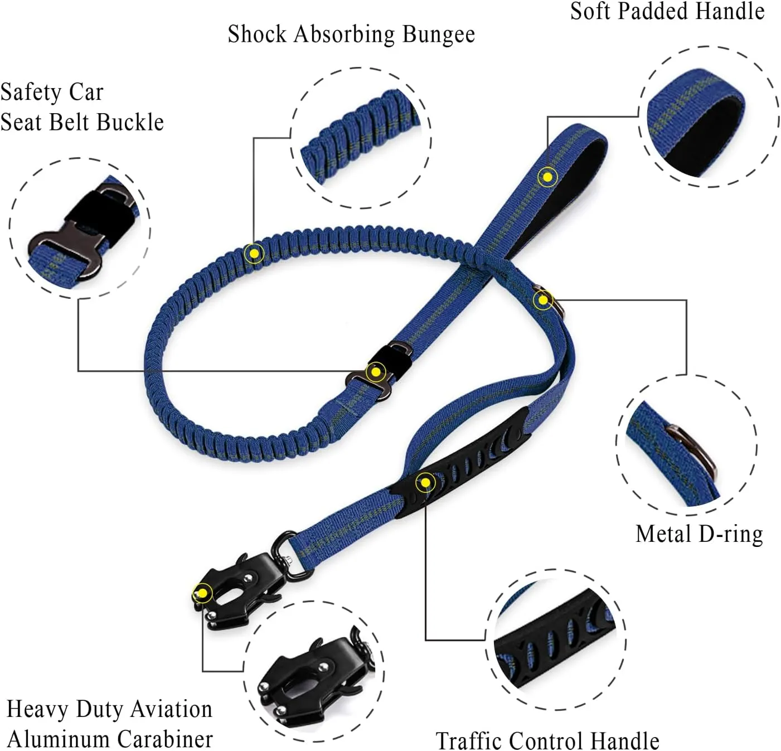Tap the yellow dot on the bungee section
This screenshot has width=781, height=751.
pos(254,254)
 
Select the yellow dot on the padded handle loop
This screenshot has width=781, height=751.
pos(548,177)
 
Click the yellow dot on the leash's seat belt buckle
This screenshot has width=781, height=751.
pos(376,372)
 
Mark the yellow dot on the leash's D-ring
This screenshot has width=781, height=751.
pos(543,300)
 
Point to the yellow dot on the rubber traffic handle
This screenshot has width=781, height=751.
pos(425,482)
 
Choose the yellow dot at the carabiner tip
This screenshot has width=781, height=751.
pos(203,593)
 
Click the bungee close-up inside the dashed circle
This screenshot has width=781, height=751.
pos(361,138)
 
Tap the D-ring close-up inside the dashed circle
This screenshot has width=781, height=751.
pos(687,445)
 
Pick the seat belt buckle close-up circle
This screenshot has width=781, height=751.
pos(80,228)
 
